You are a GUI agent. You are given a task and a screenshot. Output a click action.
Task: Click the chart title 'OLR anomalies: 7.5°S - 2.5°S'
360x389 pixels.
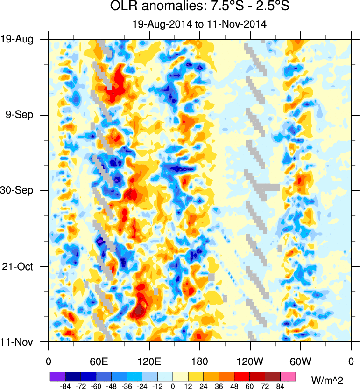coord(199,7)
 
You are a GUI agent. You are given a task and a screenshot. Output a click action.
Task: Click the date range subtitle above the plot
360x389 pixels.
coord(199,25)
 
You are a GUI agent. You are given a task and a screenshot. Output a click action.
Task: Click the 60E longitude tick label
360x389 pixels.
coord(99,361)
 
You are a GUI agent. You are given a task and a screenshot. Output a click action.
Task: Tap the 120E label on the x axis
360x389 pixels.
coord(149,361)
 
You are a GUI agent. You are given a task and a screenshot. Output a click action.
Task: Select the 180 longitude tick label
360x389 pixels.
coord(200,361)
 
